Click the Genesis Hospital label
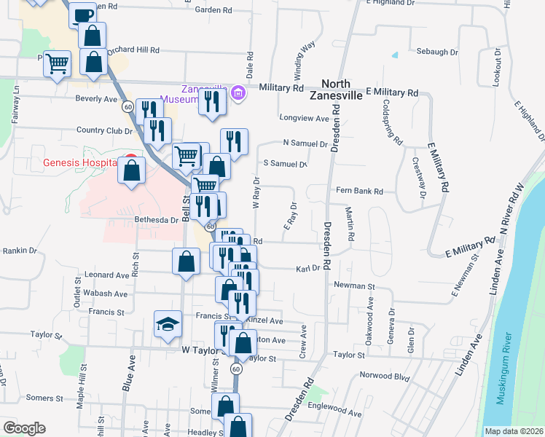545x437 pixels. tap(79, 162)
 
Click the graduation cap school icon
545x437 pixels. tap(167, 324)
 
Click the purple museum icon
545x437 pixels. tap(238, 92)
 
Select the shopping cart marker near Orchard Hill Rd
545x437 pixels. tap(57, 63)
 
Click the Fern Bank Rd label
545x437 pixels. tap(359, 192)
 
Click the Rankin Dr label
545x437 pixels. tap(20, 251)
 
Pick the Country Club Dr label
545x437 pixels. tap(105, 131)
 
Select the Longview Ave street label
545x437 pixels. tap(305, 118)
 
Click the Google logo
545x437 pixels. tap(24, 428)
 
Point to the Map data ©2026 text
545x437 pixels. tap(514, 431)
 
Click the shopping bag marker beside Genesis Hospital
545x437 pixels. tap(132, 173)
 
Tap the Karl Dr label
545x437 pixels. tap(308, 268)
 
